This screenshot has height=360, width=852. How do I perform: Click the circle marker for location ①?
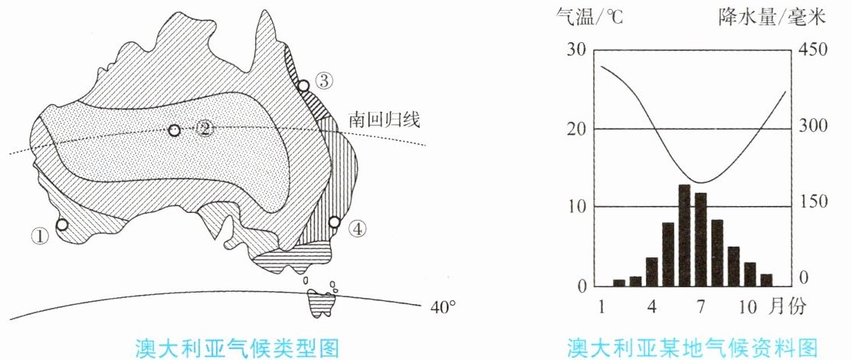(x=63, y=224)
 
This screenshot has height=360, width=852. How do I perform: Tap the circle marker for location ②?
(x=174, y=130)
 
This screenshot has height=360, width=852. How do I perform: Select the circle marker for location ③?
(x=303, y=85)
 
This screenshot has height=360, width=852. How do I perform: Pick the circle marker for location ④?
(x=334, y=222)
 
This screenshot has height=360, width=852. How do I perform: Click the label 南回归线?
(x=384, y=120)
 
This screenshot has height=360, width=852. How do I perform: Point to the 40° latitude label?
(x=443, y=307)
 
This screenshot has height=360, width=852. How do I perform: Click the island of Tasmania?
(x=317, y=303)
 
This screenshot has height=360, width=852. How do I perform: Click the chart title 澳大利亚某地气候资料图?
(x=693, y=346)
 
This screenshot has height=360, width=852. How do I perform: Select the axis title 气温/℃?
(x=589, y=18)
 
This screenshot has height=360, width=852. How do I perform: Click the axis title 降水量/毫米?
(x=772, y=18)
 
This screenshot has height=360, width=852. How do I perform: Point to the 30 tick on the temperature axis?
(x=576, y=50)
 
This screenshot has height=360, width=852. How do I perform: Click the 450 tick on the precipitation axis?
(x=812, y=50)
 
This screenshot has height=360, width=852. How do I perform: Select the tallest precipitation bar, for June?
(x=685, y=236)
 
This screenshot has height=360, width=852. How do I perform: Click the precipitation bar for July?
(x=701, y=240)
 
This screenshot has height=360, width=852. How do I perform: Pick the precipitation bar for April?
(x=652, y=272)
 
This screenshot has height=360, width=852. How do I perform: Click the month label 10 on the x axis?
(x=748, y=307)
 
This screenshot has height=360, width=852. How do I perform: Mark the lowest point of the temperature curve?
(x=701, y=182)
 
